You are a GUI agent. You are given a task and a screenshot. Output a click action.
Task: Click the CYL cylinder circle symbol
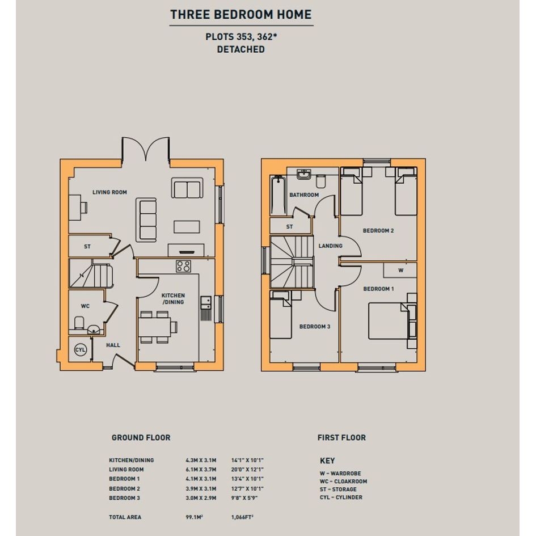tap(81, 350)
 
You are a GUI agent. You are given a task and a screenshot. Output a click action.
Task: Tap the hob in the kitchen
tap(184, 266)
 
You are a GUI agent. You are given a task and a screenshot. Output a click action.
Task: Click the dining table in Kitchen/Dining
tap(154, 327)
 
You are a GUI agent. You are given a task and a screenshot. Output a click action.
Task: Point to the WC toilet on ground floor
tap(79, 323)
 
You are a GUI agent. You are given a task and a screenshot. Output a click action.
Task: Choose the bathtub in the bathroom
tap(278, 195)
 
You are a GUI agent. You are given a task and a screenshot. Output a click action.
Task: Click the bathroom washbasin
tap(303, 174)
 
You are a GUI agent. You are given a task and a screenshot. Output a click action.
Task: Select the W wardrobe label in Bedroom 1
tap(400, 270)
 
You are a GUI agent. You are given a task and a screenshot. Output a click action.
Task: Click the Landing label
tap(330, 246)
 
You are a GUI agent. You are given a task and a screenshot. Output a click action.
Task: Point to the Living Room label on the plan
tap(109, 192)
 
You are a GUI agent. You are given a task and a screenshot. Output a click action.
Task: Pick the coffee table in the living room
tap(187, 227)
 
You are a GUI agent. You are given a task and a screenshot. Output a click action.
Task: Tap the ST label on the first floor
tap(289, 227)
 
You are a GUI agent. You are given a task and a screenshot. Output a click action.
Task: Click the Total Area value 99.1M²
tap(194, 517)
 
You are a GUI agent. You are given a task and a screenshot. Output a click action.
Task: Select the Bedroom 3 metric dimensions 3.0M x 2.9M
tap(201, 498)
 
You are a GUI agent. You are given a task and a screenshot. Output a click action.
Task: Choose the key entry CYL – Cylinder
tap(341, 497)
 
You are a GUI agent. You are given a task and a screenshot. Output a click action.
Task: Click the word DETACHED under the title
tap(240, 49)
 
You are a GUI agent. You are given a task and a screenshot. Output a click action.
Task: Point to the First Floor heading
tap(341, 437)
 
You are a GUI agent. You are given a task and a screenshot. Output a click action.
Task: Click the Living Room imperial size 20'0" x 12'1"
tap(247, 470)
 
